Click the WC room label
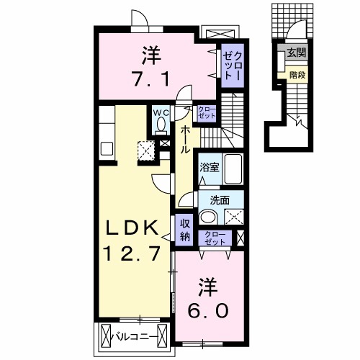(x=158, y=112)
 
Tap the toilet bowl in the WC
(x=159, y=125)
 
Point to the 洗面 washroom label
(x=220, y=199)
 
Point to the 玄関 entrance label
(x=296, y=53)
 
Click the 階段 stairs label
(x=295, y=74)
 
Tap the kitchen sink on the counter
(x=106, y=149)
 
